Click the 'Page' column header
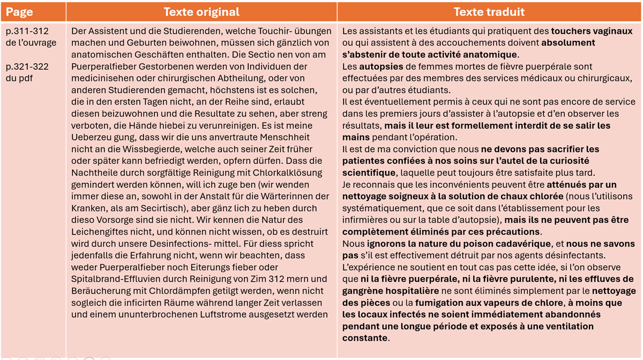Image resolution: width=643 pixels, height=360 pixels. pyautogui.click(x=20, y=12)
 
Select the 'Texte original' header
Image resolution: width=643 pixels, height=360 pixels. pyautogui.click(x=201, y=12)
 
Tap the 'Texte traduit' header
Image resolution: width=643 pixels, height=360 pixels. pyautogui.click(x=489, y=12)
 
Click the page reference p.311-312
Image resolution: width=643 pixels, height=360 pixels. pyautogui.click(x=27, y=31)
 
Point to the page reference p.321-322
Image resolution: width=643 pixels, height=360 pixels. pyautogui.click(x=27, y=66)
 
